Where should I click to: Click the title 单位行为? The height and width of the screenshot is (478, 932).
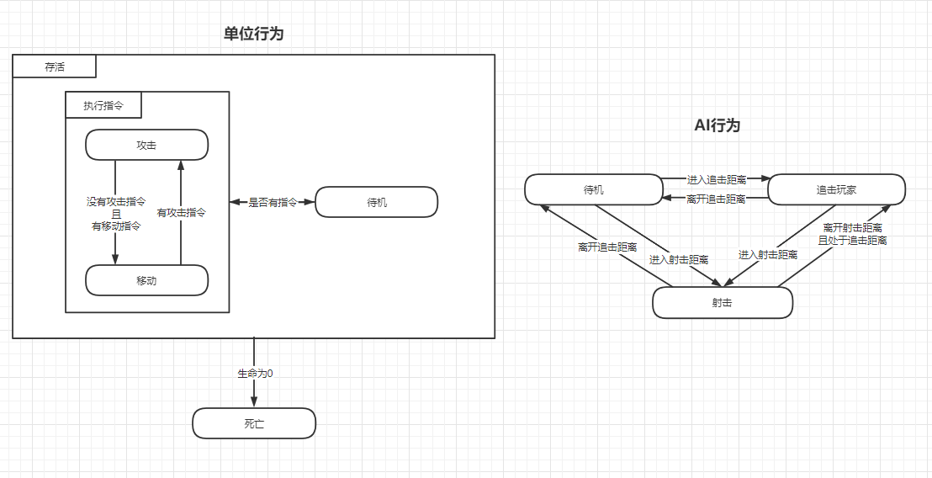pyautogui.click(x=253, y=34)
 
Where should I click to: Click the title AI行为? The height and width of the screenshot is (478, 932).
pyautogui.click(x=717, y=125)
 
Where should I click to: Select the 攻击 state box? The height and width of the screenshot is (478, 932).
pyautogui.click(x=146, y=145)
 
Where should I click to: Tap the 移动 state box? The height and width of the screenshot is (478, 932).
pyautogui.click(x=146, y=280)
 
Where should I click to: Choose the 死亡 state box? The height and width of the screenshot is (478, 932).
pyautogui.click(x=253, y=423)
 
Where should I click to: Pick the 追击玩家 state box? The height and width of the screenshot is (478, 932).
pyautogui.click(x=836, y=189)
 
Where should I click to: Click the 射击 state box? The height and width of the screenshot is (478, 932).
pyautogui.click(x=722, y=303)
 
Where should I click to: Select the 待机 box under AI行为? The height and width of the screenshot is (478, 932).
pyautogui.click(x=593, y=189)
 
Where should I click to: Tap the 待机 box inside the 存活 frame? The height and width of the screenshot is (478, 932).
pyautogui.click(x=376, y=202)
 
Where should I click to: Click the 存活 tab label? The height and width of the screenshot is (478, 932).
pyautogui.click(x=55, y=66)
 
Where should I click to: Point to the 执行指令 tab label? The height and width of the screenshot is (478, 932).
pyautogui.click(x=103, y=105)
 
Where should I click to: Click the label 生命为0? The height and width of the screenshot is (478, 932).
pyautogui.click(x=254, y=372)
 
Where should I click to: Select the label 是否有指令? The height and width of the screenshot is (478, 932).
pyautogui.click(x=273, y=202)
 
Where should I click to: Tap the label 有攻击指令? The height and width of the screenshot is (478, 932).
pyautogui.click(x=182, y=213)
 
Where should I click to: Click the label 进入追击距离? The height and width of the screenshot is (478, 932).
pyautogui.click(x=716, y=179)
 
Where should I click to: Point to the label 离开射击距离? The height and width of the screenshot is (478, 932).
pyautogui.click(x=852, y=228)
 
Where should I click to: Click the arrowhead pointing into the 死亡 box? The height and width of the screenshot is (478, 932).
pyautogui.click(x=254, y=402)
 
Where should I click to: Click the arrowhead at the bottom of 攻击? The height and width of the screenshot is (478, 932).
pyautogui.click(x=181, y=165)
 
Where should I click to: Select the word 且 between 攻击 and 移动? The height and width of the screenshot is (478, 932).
pyautogui.click(x=116, y=214)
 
